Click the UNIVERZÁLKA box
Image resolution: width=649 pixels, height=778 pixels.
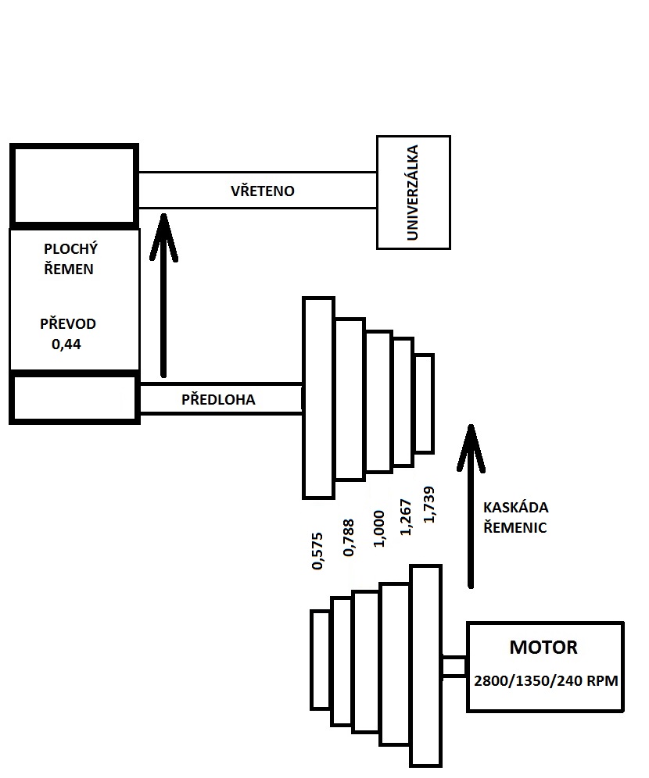coord(413,192)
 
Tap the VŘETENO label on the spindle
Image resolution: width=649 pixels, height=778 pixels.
coord(262,191)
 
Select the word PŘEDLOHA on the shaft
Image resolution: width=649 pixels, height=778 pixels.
coord(218,399)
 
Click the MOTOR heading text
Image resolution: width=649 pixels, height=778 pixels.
coord(543,648)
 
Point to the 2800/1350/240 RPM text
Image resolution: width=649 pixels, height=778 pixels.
coord(546,680)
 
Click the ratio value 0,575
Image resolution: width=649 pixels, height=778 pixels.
coord(317,551)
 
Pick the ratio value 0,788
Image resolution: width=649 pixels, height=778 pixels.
coord(348,539)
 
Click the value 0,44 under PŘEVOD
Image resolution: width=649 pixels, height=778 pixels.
coord(66,341)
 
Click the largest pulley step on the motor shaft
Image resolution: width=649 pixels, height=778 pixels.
coord(426,666)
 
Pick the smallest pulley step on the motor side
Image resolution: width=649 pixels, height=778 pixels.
coord(320,659)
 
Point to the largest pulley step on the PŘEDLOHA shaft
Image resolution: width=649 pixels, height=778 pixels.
coord(318,397)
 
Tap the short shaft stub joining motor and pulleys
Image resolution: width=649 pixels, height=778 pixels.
coord(454,666)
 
